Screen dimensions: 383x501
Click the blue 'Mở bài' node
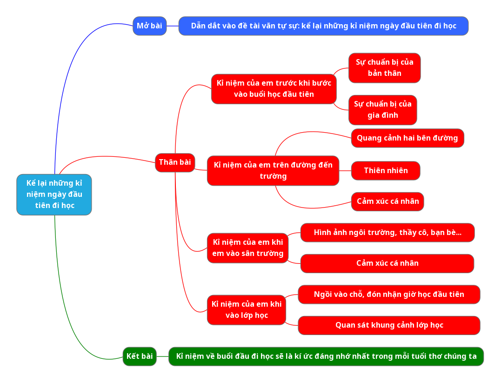[x=149, y=26]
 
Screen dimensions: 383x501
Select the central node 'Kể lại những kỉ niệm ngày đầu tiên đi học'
[x=54, y=195]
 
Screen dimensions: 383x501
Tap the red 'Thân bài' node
[x=174, y=162]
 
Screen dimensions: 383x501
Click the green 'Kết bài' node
[x=140, y=356]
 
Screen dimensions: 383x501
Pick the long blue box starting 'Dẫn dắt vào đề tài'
[x=323, y=26]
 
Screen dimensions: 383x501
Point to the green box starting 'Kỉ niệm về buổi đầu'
[x=326, y=356]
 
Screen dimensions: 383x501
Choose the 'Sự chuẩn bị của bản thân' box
[x=384, y=68]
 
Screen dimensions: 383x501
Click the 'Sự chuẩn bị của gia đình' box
[x=382, y=110]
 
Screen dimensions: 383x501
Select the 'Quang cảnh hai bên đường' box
[x=407, y=138]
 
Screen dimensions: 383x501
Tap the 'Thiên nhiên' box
[x=386, y=171]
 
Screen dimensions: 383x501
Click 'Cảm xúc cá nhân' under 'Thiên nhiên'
[x=387, y=202]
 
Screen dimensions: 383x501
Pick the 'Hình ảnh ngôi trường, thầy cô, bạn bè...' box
[x=387, y=233]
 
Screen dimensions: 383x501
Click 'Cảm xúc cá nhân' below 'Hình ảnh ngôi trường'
[x=387, y=263]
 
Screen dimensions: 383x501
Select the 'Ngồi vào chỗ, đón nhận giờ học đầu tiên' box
[x=388, y=295]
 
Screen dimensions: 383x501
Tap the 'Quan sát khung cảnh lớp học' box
[x=388, y=325]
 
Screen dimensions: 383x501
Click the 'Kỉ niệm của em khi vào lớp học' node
[x=246, y=310]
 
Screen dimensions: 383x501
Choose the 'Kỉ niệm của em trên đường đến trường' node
[x=273, y=171]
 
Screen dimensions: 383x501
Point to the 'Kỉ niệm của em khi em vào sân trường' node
[x=247, y=248]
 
